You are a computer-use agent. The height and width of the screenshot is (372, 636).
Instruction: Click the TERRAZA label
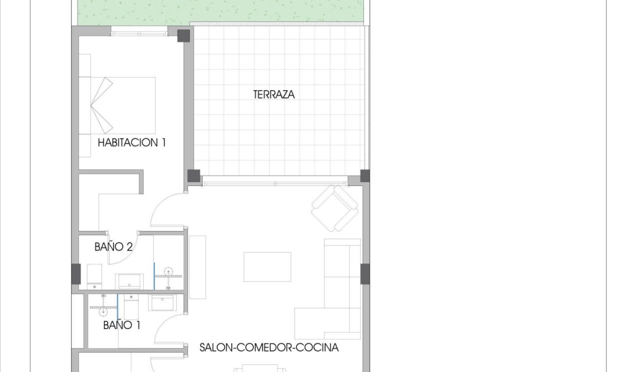coord(274,94)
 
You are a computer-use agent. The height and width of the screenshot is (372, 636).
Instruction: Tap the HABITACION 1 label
coord(132,142)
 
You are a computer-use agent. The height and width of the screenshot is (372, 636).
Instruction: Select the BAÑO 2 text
coord(113,247)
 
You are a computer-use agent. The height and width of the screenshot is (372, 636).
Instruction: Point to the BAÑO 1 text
coord(122,325)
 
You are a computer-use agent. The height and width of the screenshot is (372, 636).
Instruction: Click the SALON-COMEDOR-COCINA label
coord(269,348)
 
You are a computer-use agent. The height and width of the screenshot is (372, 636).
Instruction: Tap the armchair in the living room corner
coord(335,208)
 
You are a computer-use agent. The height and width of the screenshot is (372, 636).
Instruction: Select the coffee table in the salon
coord(267,266)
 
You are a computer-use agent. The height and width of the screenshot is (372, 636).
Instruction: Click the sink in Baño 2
coord(129,281)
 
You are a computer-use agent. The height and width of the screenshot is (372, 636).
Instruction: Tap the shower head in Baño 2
coord(168,272)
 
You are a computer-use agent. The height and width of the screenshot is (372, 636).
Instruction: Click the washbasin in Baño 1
coord(162,302)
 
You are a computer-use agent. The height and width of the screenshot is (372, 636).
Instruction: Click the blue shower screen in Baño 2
coord(154,276)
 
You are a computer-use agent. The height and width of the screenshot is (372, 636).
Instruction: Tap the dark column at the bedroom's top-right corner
coord(183,36)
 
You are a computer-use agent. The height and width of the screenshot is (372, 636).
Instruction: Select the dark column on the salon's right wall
coord(365,274)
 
